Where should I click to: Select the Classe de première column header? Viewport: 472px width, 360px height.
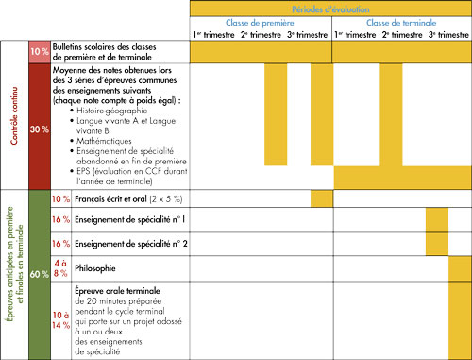point(260,22)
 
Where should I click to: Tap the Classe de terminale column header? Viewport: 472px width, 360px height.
point(397,22)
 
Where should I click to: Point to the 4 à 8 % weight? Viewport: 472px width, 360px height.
point(60,268)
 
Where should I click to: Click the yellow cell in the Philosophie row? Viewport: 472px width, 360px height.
point(460,268)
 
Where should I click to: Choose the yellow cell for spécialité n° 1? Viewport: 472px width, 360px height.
point(437,220)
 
